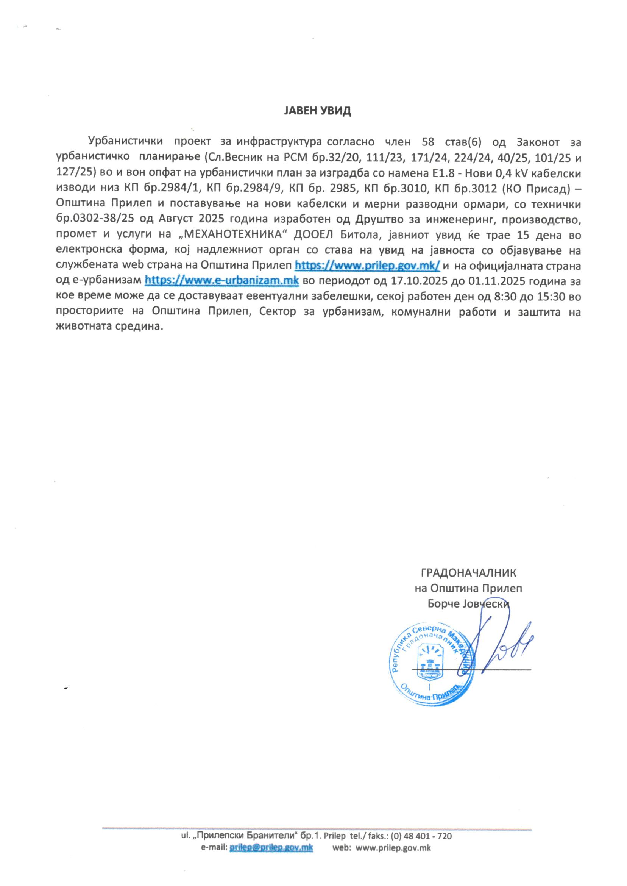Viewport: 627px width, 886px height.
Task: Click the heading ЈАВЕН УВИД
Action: point(317,111)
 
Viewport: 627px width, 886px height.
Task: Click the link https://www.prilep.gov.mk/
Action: point(367,266)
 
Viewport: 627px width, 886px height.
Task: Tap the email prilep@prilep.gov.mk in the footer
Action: point(271,859)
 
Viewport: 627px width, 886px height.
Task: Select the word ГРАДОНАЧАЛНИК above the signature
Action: point(468,572)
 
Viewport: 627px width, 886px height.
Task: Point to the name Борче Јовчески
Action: point(468,604)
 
